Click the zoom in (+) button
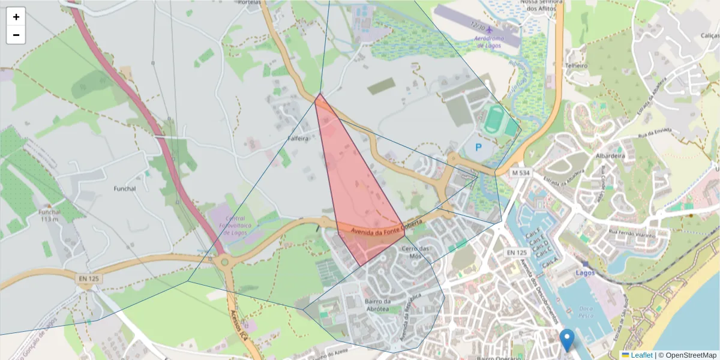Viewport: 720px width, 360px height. [x=16, y=17]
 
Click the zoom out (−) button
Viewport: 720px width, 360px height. [x=16, y=35]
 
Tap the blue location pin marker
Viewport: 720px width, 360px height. [x=567, y=340]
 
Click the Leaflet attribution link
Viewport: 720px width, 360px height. [x=641, y=355]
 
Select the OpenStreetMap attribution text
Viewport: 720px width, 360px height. [x=691, y=355]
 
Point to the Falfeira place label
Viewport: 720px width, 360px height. [x=298, y=138]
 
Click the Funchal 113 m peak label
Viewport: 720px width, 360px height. [x=49, y=215]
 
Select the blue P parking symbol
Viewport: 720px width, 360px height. [x=478, y=147]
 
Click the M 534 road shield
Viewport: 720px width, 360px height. [x=520, y=173]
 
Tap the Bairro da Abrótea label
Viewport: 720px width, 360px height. [x=377, y=305]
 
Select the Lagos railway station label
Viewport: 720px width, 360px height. [x=584, y=272]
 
